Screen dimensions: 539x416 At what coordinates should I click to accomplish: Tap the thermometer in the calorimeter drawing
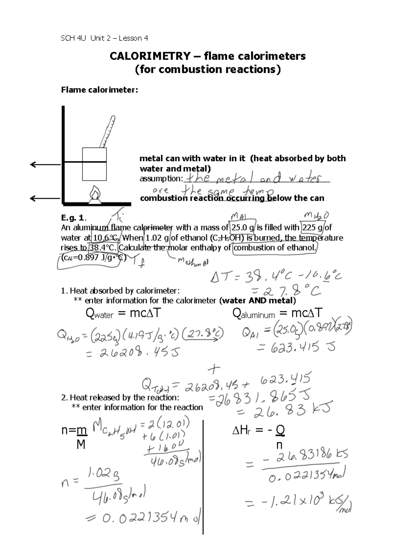click(107, 132)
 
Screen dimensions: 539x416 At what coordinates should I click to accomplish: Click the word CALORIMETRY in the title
click(150, 56)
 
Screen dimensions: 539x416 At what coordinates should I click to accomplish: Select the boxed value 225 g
click(312, 228)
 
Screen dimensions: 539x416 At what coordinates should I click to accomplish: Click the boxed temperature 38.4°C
click(103, 248)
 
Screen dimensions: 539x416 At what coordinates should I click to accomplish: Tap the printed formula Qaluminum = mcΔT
click(277, 314)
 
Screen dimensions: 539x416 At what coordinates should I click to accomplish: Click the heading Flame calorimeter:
click(99, 90)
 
